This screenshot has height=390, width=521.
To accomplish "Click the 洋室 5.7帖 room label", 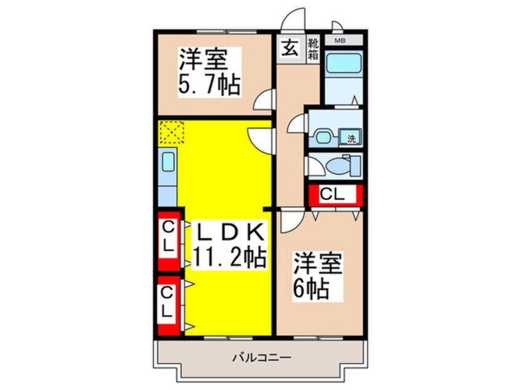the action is pyautogui.click(x=209, y=72).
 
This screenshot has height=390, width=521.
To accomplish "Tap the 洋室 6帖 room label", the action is pyautogui.click(x=317, y=276).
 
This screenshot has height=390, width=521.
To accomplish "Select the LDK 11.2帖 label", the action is pyautogui.click(x=229, y=245).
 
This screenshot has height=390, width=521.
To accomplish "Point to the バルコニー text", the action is pyautogui.click(x=262, y=358).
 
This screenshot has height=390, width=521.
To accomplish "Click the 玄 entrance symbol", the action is pyautogui.click(x=289, y=49).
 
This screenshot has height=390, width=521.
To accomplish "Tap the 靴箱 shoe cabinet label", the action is pyautogui.click(x=313, y=49).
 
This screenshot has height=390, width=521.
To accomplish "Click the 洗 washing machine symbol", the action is pyautogui.click(x=350, y=137).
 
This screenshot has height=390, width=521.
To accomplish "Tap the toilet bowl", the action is pyautogui.click(x=338, y=165).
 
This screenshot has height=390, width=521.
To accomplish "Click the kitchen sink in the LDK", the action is pyautogui.click(x=168, y=162).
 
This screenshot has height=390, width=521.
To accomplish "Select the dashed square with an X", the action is pyautogui.click(x=172, y=132).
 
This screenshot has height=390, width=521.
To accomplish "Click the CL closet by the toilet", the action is pyautogui.click(x=335, y=194).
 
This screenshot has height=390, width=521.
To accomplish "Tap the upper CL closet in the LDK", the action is pyautogui.click(x=169, y=241).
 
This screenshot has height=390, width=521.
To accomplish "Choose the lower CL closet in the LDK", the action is pyautogui.click(x=169, y=306).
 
